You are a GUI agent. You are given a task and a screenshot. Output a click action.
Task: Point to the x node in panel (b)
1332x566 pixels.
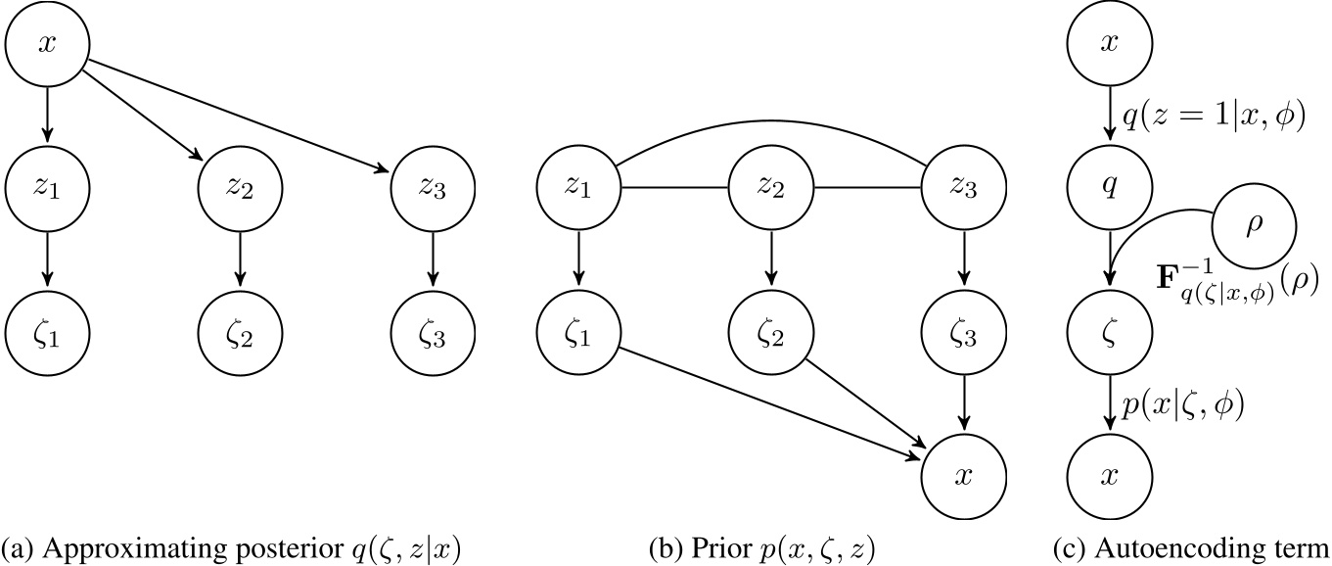click(x=963, y=476)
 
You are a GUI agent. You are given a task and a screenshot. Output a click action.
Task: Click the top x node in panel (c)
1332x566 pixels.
click(x=1110, y=45)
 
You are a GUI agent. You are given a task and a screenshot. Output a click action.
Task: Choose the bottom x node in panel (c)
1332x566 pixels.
click(x=1110, y=476)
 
